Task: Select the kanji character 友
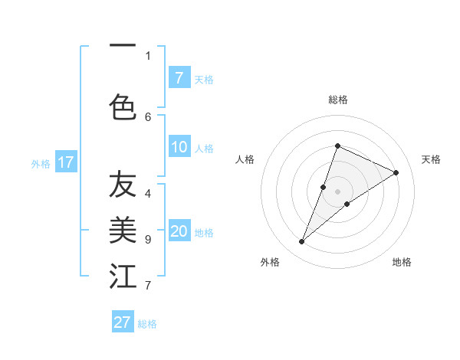[123, 185]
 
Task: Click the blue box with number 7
[179, 78]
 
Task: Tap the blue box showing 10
[179, 147]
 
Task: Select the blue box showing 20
[179, 232]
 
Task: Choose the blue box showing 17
[65, 162]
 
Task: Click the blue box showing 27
[122, 322]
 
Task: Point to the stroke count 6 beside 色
[148, 116]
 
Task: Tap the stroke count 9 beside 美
[148, 240]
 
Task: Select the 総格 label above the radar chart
[338, 100]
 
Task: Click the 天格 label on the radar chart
[431, 159]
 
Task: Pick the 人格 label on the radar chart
[245, 159]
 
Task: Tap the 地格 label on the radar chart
[402, 262]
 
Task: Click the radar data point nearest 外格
[302, 242]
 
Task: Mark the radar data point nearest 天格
[396, 173]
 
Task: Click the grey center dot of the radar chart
[338, 191]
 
